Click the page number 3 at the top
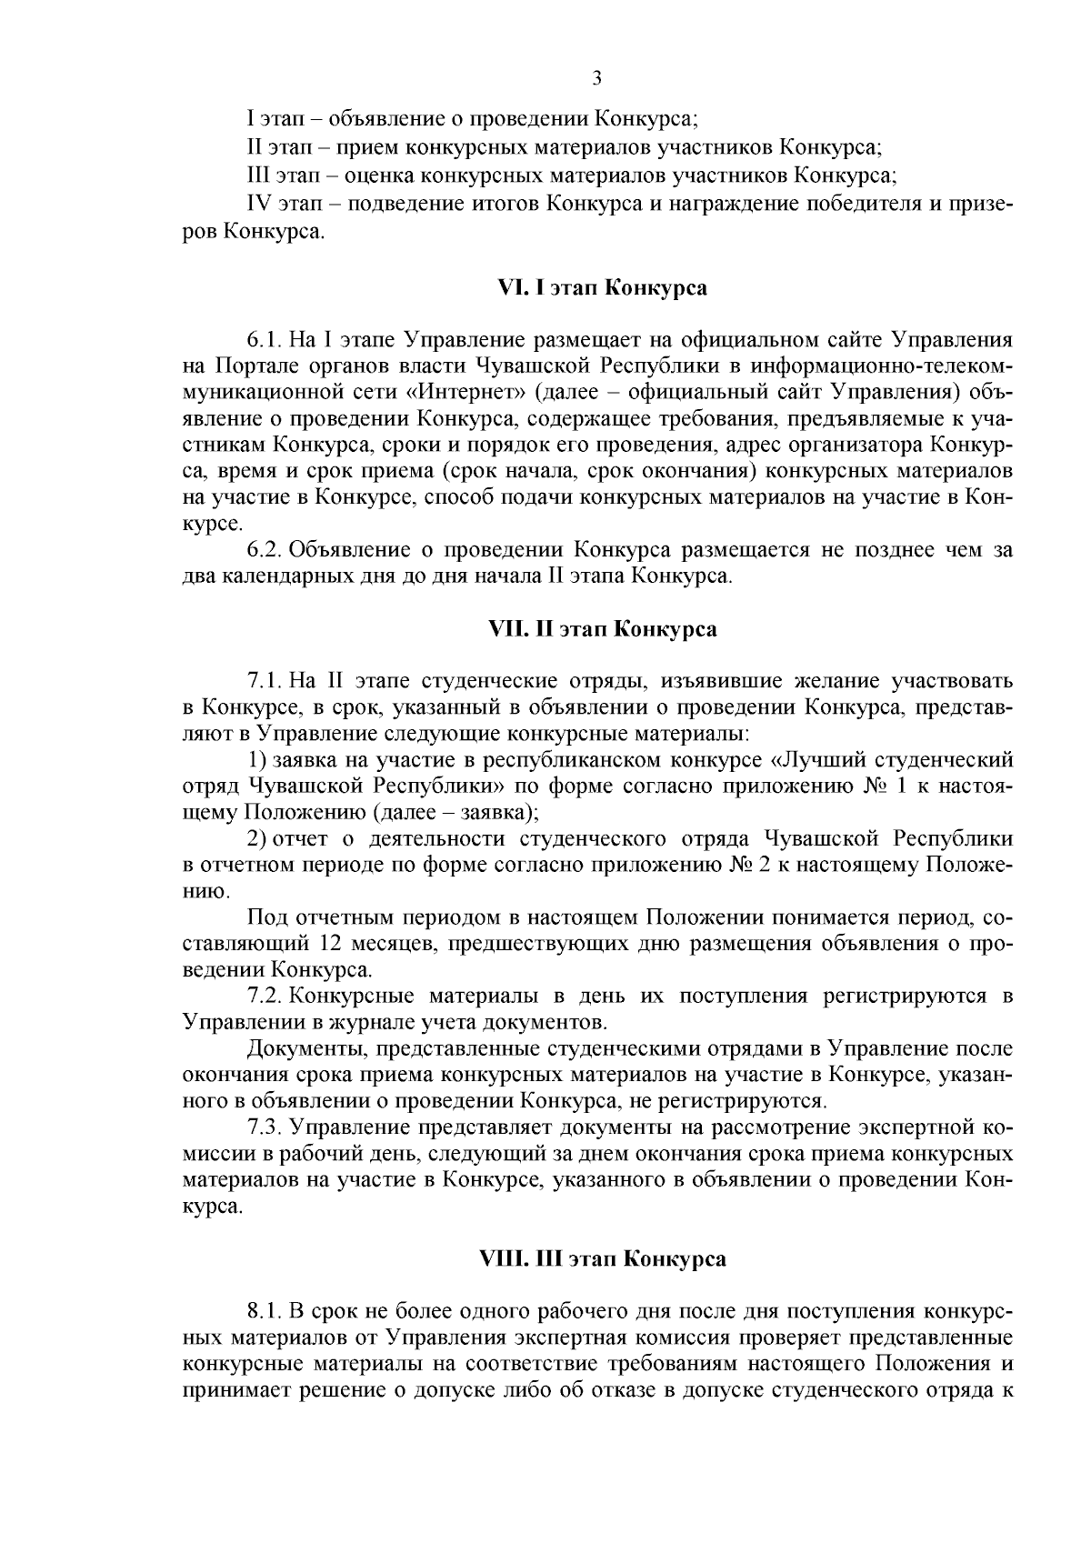point(596,78)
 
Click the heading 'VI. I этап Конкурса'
point(596,288)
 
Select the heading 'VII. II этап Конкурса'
point(596,629)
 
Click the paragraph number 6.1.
point(263,341)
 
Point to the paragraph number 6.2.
point(263,550)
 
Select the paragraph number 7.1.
point(263,681)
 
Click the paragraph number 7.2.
point(263,996)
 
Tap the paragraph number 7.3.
point(263,1128)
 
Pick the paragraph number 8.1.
point(263,1312)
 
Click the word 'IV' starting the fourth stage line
point(262,205)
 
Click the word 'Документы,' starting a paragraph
point(299,1049)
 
